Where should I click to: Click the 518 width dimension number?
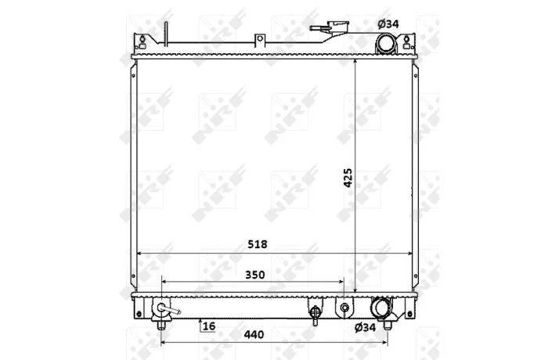tap(258, 244)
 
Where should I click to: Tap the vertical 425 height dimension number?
tap(348, 178)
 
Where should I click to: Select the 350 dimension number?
tap(254, 275)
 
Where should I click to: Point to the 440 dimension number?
tap(254, 334)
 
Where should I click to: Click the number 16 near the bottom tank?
tap(209, 326)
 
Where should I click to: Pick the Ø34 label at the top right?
tap(388, 23)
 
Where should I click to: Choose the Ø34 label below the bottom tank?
tap(365, 327)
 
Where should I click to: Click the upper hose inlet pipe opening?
tap(386, 44)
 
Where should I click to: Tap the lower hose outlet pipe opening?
tap(380, 308)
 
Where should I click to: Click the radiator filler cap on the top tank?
tap(330, 27)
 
